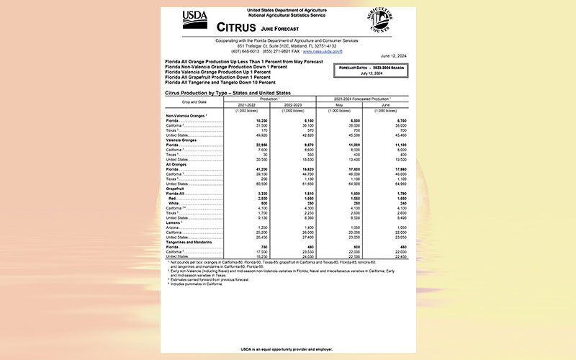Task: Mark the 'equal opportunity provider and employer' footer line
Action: coord(287,348)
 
